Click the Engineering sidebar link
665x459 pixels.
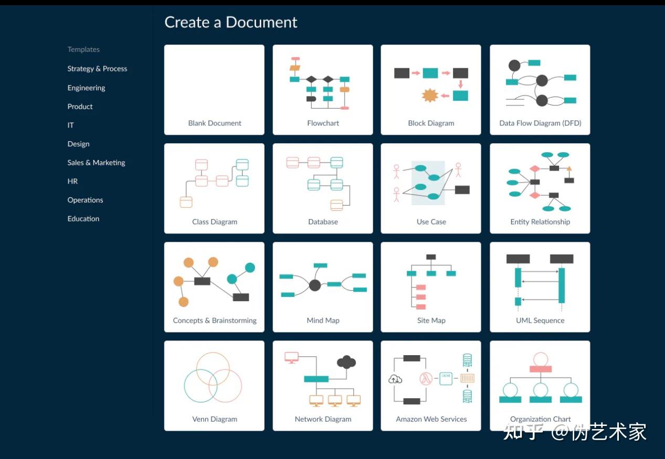coord(86,88)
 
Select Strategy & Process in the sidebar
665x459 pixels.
coord(97,69)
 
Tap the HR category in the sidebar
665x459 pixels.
coord(72,182)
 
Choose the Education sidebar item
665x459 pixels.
coord(83,219)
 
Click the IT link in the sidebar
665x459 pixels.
coord(70,125)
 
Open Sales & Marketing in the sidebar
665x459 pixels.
coord(96,163)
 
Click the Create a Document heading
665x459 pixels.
coord(230,22)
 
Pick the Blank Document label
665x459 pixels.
coord(215,123)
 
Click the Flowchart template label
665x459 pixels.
coord(323,123)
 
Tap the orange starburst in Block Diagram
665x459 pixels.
coord(430,95)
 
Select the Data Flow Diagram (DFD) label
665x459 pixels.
coord(540,123)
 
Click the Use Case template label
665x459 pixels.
coord(431,222)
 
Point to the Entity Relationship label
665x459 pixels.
coord(540,222)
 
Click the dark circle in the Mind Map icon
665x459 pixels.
coord(315,285)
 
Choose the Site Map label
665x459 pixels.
coord(431,321)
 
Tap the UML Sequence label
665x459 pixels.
coord(540,321)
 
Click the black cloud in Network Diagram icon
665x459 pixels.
coord(346,361)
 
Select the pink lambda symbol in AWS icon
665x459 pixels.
coord(426,379)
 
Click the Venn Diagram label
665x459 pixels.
coord(215,419)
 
